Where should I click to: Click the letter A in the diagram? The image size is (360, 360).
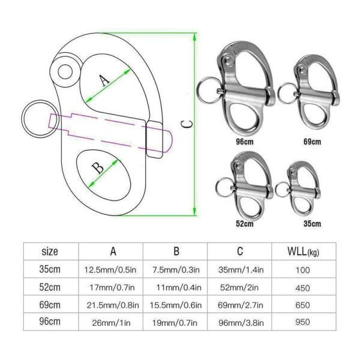(103, 81)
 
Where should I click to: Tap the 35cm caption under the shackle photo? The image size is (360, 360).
(312, 224)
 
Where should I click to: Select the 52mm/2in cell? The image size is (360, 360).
(239, 287)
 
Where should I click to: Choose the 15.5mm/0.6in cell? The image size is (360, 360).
(176, 304)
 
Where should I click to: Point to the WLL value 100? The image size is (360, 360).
(303, 269)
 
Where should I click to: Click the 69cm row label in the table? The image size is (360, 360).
(51, 304)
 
